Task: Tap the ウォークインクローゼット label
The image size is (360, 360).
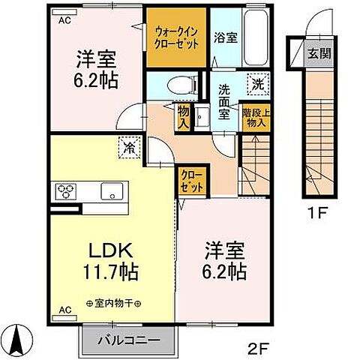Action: click(176, 38)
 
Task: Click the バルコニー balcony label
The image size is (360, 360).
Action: click(129, 340)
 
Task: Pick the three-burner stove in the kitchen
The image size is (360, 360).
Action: click(64, 190)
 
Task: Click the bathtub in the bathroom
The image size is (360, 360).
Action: click(252, 34)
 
